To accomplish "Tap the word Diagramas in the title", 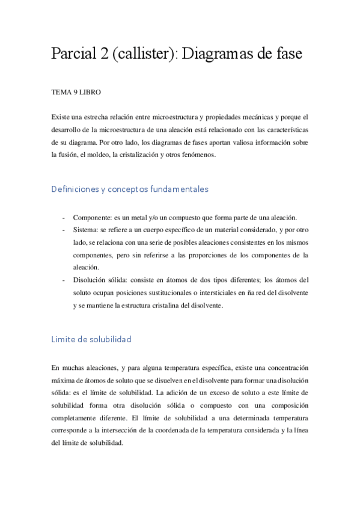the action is (x=228, y=54).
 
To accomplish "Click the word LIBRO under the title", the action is (x=90, y=93).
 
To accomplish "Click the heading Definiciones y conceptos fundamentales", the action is (x=130, y=189).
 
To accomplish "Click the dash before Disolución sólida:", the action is (x=64, y=280).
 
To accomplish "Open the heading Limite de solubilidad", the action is (x=91, y=339).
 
